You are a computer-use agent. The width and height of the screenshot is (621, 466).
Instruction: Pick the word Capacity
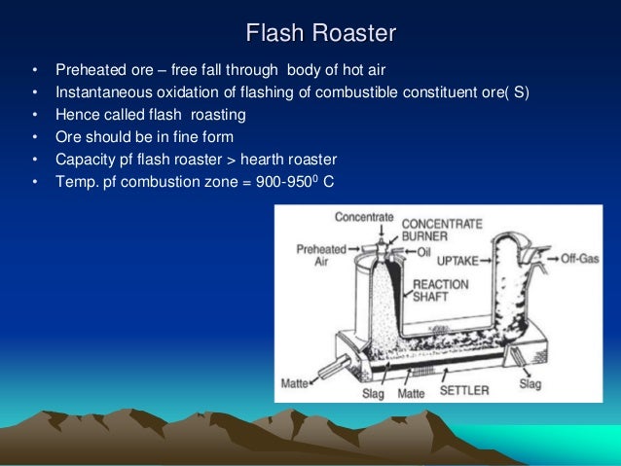[x=87, y=159]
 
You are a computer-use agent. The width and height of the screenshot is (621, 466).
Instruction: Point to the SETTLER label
[x=465, y=391]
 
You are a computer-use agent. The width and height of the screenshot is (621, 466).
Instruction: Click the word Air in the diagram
[x=314, y=261]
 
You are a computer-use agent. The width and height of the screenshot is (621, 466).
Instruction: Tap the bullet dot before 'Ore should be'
[x=35, y=137]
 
